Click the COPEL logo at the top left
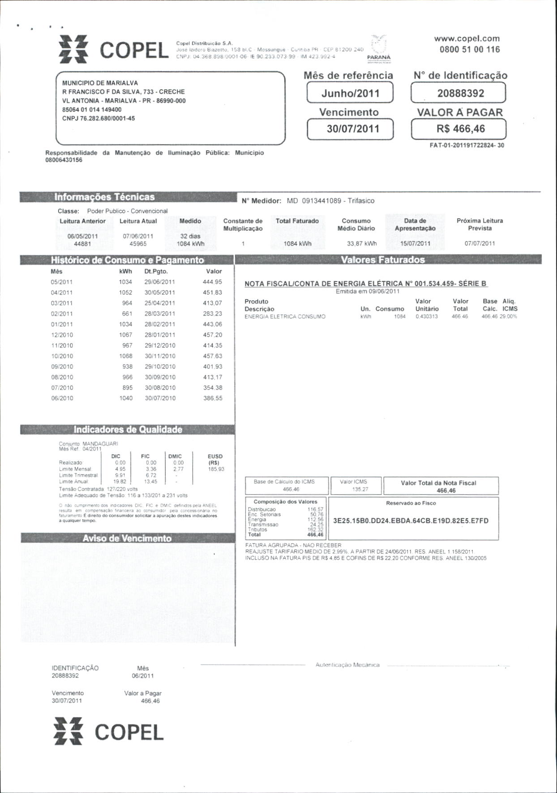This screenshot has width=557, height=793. point(114,49)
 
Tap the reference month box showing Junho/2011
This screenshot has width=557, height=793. point(350,93)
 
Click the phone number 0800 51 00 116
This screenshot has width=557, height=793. point(469,50)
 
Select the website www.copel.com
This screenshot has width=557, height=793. point(467,39)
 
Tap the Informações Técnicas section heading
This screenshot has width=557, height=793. point(104,197)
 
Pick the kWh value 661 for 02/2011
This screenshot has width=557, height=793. point(127,314)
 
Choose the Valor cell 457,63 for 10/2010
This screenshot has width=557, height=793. point(213,356)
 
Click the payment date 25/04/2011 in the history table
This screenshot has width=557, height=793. point(160,303)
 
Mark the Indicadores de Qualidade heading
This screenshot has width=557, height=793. point(128,429)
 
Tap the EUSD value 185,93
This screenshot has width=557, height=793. point(216,469)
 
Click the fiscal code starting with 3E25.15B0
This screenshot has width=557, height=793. point(411,521)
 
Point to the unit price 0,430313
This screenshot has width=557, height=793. point(427,316)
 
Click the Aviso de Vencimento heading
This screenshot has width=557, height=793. point(127,538)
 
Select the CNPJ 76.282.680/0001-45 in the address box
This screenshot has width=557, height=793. point(99,118)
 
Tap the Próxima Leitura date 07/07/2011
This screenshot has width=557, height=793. point(480,243)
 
